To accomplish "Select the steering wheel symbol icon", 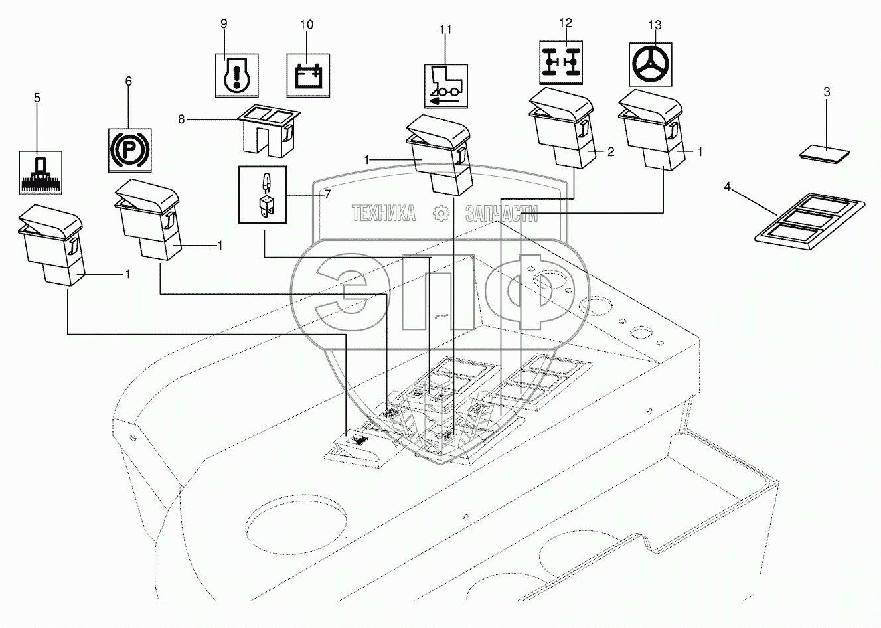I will pos(650,64).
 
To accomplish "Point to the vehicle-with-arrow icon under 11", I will pos(445,86).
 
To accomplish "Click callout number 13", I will pos(655,25).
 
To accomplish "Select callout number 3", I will pos(827,92).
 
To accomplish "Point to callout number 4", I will pos(727,189).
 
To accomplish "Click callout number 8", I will pos(181,119).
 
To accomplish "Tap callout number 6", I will pos(128,81).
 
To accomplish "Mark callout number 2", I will pos(611,152).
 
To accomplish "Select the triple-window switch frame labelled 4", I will pos(811,222).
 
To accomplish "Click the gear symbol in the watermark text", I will pos(440,214).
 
